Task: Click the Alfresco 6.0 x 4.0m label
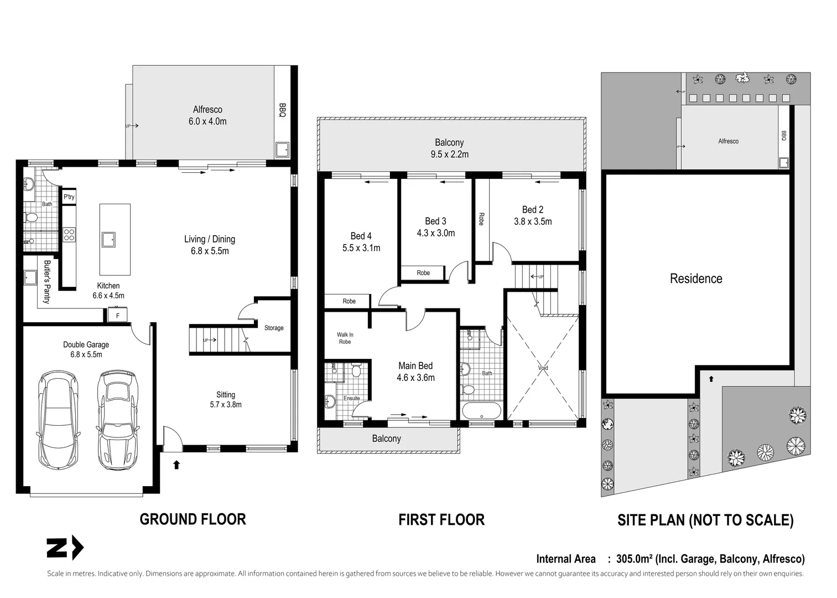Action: pyautogui.click(x=207, y=115)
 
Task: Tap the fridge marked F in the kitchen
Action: pyautogui.click(x=118, y=315)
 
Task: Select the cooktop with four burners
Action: pyautogui.click(x=69, y=235)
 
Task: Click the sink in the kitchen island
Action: pyautogui.click(x=109, y=239)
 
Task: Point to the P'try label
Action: pyautogui.click(x=69, y=197)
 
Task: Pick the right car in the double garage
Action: pyautogui.click(x=117, y=420)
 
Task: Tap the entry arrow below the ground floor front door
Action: pyautogui.click(x=176, y=465)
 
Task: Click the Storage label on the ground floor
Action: pyautogui.click(x=274, y=328)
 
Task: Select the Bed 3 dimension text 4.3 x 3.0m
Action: pyautogui.click(x=436, y=233)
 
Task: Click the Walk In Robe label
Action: pyautogui.click(x=345, y=338)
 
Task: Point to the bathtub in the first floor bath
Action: pyautogui.click(x=482, y=411)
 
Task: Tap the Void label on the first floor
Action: pyautogui.click(x=543, y=368)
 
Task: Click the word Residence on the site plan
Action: pyautogui.click(x=696, y=279)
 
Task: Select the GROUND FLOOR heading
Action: pyautogui.click(x=193, y=519)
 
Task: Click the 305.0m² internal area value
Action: pyautogui.click(x=634, y=559)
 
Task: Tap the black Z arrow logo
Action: pyautogui.click(x=65, y=548)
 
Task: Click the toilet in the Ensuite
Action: pyautogui.click(x=356, y=370)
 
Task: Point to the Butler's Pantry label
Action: pyautogui.click(x=47, y=282)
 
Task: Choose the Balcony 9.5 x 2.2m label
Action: pyautogui.click(x=449, y=148)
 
